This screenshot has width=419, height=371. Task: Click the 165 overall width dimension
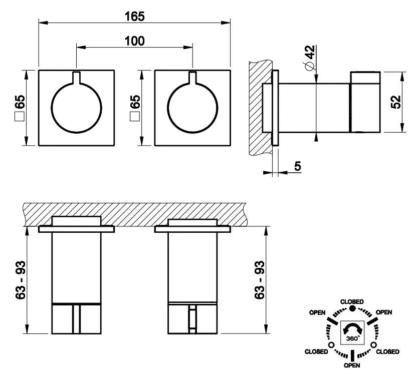pyautogui.click(x=134, y=16)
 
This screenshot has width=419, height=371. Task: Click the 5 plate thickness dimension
pyautogui.click(x=297, y=167)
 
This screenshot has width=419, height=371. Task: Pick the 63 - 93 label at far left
pyautogui.click(x=21, y=280)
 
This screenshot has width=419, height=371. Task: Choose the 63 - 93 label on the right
pyautogui.click(x=260, y=280)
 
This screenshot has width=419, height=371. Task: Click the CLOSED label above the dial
pyautogui.click(x=352, y=302)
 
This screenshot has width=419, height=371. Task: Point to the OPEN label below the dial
pyautogui.click(x=352, y=365)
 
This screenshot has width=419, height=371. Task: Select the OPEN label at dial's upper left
pyautogui.click(x=317, y=312)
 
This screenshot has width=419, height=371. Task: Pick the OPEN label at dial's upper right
pyautogui.click(x=384, y=312)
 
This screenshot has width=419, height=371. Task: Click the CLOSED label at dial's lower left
pyautogui.click(x=316, y=352)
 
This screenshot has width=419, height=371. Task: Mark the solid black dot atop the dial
pyautogui.click(x=352, y=309)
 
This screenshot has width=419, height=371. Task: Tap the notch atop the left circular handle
pyautogui.click(x=76, y=78)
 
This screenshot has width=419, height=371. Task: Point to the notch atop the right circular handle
pyautogui.click(x=192, y=78)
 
